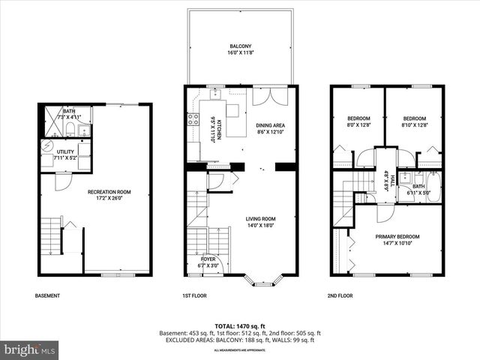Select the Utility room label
click(x=66, y=154)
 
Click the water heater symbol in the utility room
click(x=46, y=145)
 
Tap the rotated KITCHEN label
click(x=213, y=129)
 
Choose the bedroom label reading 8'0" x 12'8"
click(x=358, y=122)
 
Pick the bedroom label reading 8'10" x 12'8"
click(x=414, y=122)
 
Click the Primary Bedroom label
click(x=397, y=240)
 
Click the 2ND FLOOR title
click(x=340, y=295)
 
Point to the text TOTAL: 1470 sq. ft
click(x=238, y=325)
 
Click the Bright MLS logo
click(x=31, y=349)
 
